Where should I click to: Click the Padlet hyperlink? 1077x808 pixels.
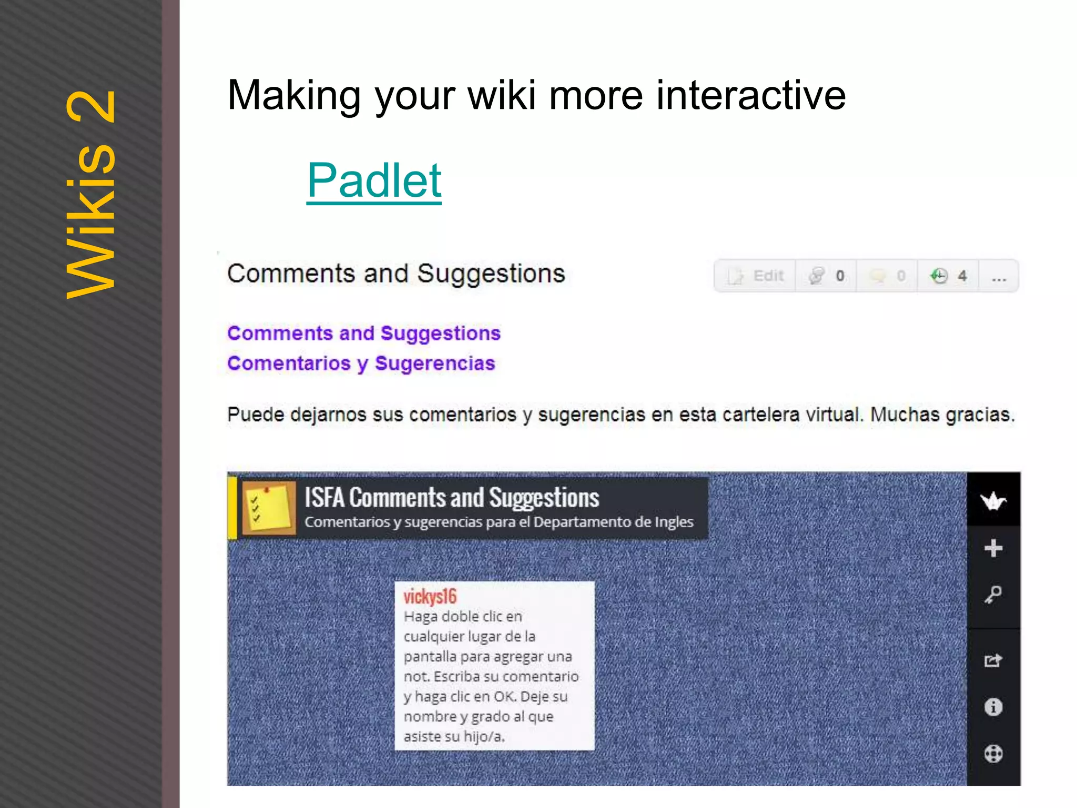pyautogui.click(x=374, y=180)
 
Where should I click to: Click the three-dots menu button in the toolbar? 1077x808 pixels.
pyautogui.click(x=999, y=276)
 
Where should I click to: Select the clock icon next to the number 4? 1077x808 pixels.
pyautogui.click(x=939, y=276)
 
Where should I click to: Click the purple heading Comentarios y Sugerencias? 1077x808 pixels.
pyautogui.click(x=361, y=363)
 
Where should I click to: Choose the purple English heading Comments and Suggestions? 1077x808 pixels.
pyautogui.click(x=363, y=334)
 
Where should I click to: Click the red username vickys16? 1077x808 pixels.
pyautogui.click(x=430, y=597)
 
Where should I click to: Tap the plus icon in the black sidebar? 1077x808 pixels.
pyautogui.click(x=993, y=548)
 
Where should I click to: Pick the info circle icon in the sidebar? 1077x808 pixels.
pyautogui.click(x=993, y=707)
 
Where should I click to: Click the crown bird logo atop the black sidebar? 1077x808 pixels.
pyautogui.click(x=993, y=500)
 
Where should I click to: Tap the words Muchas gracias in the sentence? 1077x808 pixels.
pyautogui.click(x=941, y=415)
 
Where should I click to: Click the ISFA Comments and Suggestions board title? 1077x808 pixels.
pyautogui.click(x=451, y=498)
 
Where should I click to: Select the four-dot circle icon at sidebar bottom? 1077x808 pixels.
pyautogui.click(x=993, y=754)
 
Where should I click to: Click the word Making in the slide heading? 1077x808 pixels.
pyautogui.click(x=294, y=95)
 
